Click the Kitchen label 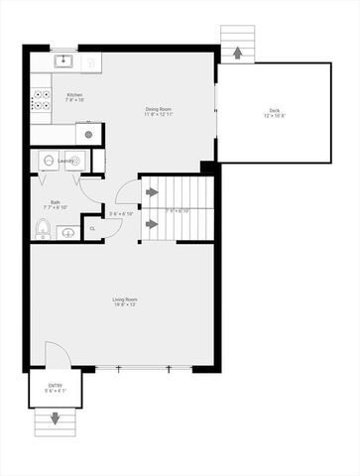(74, 94)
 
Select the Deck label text (274, 109)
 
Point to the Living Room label (124, 298)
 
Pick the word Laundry (66, 159)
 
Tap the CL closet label (92, 228)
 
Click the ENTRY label (55, 386)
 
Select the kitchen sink (61, 61)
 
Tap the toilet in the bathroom (42, 230)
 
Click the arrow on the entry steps (55, 420)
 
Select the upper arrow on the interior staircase (152, 191)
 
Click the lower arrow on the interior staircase (152, 224)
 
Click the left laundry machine (48, 160)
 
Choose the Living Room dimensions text (124, 305)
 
